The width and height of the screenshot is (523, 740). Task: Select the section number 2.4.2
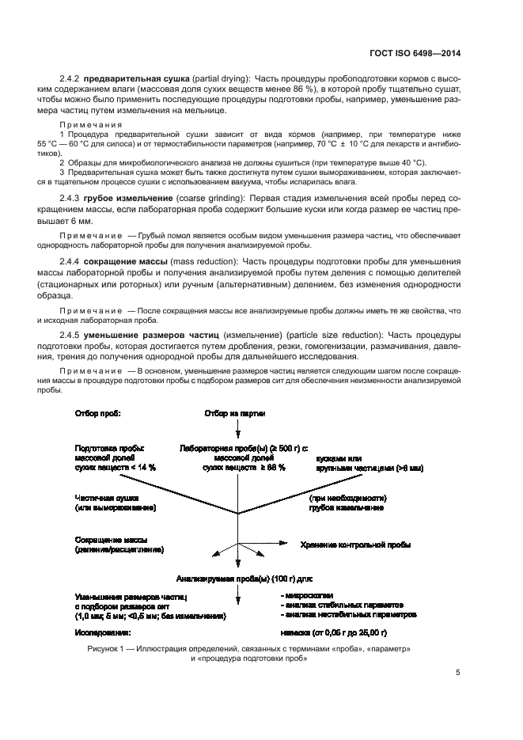tap(71, 79)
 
